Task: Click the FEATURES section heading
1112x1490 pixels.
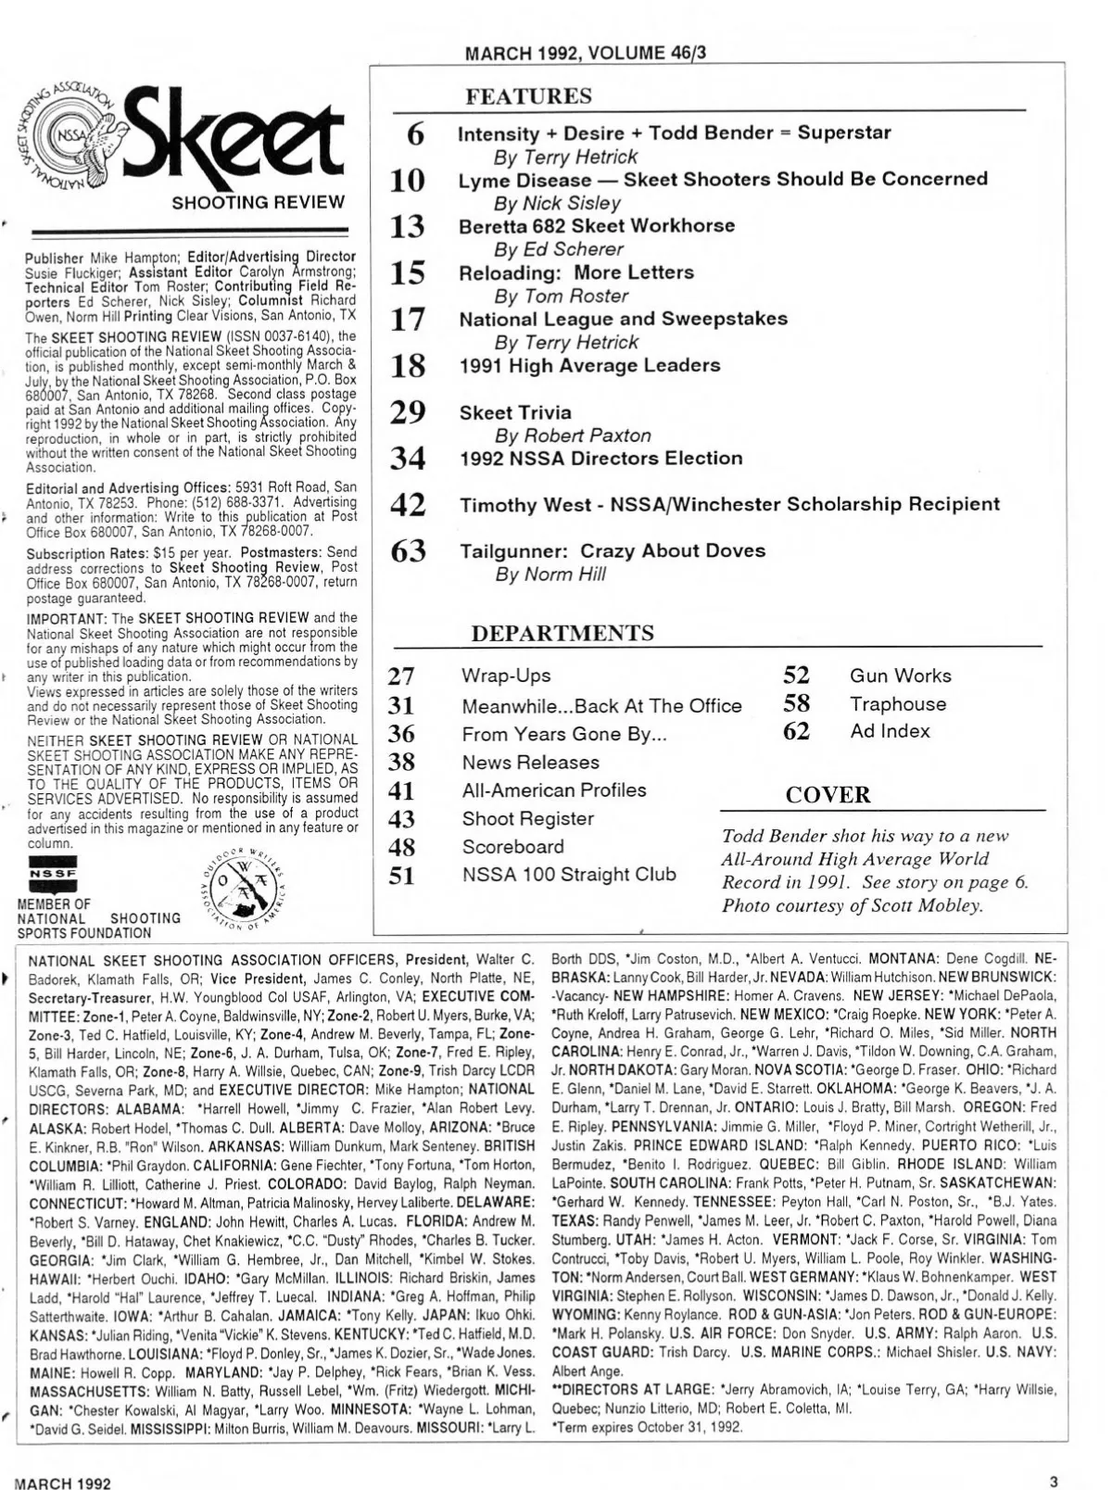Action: click(528, 96)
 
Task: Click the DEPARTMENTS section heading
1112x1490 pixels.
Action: click(562, 633)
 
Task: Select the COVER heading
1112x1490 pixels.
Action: click(828, 795)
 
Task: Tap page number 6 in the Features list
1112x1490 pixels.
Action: click(416, 134)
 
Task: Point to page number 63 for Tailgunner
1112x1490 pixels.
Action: click(408, 551)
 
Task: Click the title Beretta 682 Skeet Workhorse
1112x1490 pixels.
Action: click(597, 226)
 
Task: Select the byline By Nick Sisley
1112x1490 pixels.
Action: click(557, 203)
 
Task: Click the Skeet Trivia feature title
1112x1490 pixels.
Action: click(515, 412)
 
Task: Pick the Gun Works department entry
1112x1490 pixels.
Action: click(900, 676)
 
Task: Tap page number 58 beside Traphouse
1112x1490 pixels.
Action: click(796, 703)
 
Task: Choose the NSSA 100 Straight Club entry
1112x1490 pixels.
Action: click(569, 874)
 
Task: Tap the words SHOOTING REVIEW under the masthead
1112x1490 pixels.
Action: click(258, 202)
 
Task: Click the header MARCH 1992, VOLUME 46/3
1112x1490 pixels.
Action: click(585, 53)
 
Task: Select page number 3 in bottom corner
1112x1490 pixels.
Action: click(1054, 1480)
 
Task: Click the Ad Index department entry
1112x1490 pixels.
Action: click(890, 731)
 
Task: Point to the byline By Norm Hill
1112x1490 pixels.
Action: click(550, 575)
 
